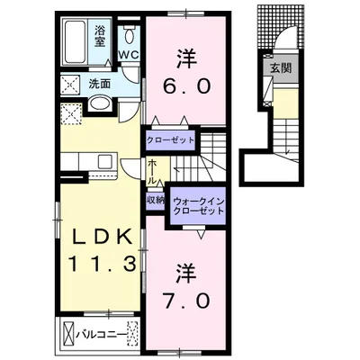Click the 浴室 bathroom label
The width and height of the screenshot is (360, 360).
[x=100, y=36]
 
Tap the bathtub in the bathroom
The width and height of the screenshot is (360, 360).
[x=75, y=41]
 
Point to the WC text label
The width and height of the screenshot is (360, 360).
[x=129, y=55]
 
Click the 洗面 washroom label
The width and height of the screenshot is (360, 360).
[x=100, y=84]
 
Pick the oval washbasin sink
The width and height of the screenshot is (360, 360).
[x=100, y=103]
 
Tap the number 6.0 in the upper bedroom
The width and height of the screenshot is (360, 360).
[x=186, y=87]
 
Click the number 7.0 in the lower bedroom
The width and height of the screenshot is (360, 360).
[x=186, y=301]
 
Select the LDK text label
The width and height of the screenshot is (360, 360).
[x=103, y=238]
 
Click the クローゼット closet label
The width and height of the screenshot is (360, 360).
[x=170, y=140]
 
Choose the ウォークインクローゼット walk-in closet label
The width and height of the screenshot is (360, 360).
[x=199, y=206]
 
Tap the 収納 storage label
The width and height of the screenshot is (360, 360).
[x=156, y=200]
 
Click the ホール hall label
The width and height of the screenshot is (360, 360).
[x=152, y=173]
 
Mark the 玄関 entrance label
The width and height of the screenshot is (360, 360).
[x=281, y=68]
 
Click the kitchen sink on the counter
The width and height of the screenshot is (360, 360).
[x=105, y=162]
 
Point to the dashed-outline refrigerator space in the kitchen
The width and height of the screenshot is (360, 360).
[x=71, y=114]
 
